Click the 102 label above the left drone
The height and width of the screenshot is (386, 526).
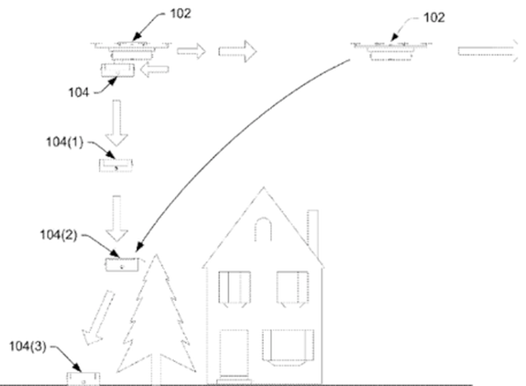pyautogui.click(x=181, y=14)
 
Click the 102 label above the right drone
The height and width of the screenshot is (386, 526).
pyautogui.click(x=434, y=18)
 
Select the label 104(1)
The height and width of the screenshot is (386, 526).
pyautogui.click(x=64, y=142)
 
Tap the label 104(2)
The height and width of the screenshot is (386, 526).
pyautogui.click(x=59, y=235)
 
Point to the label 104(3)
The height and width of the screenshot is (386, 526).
pyautogui.click(x=28, y=346)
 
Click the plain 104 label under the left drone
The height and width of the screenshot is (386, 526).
pyautogui.click(x=78, y=92)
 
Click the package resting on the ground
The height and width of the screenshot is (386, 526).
pyautogui.click(x=83, y=379)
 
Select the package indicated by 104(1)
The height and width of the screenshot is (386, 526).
pyautogui.click(x=115, y=166)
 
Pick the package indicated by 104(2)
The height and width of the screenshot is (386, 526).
pyautogui.click(x=122, y=265)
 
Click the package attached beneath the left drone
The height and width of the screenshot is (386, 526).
pyautogui.click(x=118, y=70)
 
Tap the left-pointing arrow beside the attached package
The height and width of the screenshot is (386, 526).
pyautogui.click(x=154, y=69)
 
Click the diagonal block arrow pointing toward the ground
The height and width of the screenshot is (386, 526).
pyautogui.click(x=98, y=318)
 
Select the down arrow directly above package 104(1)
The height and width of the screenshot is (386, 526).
pyautogui.click(x=117, y=123)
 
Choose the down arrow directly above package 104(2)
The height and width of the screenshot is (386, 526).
pyautogui.click(x=117, y=219)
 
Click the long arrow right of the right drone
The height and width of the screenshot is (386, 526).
pyautogui.click(x=488, y=51)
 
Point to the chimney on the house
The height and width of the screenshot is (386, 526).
pyautogui.click(x=313, y=233)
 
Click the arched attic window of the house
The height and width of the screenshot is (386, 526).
pyautogui.click(x=263, y=229)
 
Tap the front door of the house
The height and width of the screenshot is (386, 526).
pyautogui.click(x=234, y=355)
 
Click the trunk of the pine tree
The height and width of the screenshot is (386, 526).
pyautogui.click(x=156, y=370)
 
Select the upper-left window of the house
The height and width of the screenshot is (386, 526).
pyautogui.click(x=234, y=288)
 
